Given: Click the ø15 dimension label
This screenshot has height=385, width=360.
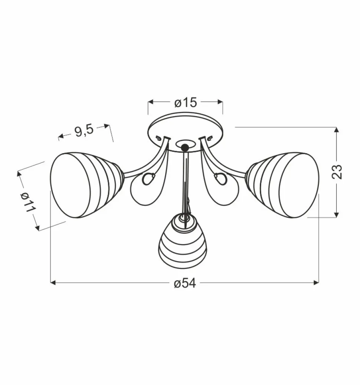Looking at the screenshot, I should point(185,102).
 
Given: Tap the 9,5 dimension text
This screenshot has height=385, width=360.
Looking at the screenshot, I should point(84,131).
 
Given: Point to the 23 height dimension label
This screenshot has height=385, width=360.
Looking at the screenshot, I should point(337,171).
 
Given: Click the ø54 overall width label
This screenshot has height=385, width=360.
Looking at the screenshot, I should point(184,283).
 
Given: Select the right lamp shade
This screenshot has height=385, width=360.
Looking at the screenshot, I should point(286,184).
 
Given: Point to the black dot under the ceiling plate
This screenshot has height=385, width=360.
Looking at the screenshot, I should point(184,148).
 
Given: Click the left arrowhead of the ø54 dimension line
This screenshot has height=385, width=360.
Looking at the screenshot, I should point(52,283).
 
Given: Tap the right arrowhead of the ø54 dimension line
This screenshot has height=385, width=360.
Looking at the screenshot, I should point(317,283).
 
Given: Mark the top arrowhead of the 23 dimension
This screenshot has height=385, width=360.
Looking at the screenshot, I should point(336,129).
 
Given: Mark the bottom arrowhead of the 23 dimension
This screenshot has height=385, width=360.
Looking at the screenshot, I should point(336,215).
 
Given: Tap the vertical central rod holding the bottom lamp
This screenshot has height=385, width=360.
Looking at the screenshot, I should point(185,178).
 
